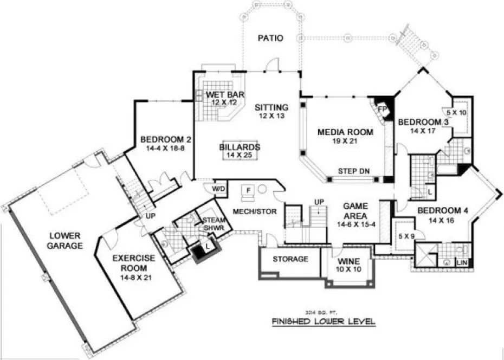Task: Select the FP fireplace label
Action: tap(382, 108)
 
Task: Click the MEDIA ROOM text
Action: tap(345, 132)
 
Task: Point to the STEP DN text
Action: tap(354, 171)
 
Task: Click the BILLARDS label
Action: tap(240, 147)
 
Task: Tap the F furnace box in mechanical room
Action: tap(249, 190)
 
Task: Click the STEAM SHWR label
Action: tap(210, 223)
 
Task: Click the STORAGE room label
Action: tap(290, 259)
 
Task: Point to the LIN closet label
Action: tap(462, 262)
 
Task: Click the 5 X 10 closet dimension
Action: tap(456, 112)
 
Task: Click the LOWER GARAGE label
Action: tap(64, 240)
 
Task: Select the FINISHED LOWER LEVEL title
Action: tap(323, 322)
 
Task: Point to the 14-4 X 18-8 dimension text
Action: tap(162, 147)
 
